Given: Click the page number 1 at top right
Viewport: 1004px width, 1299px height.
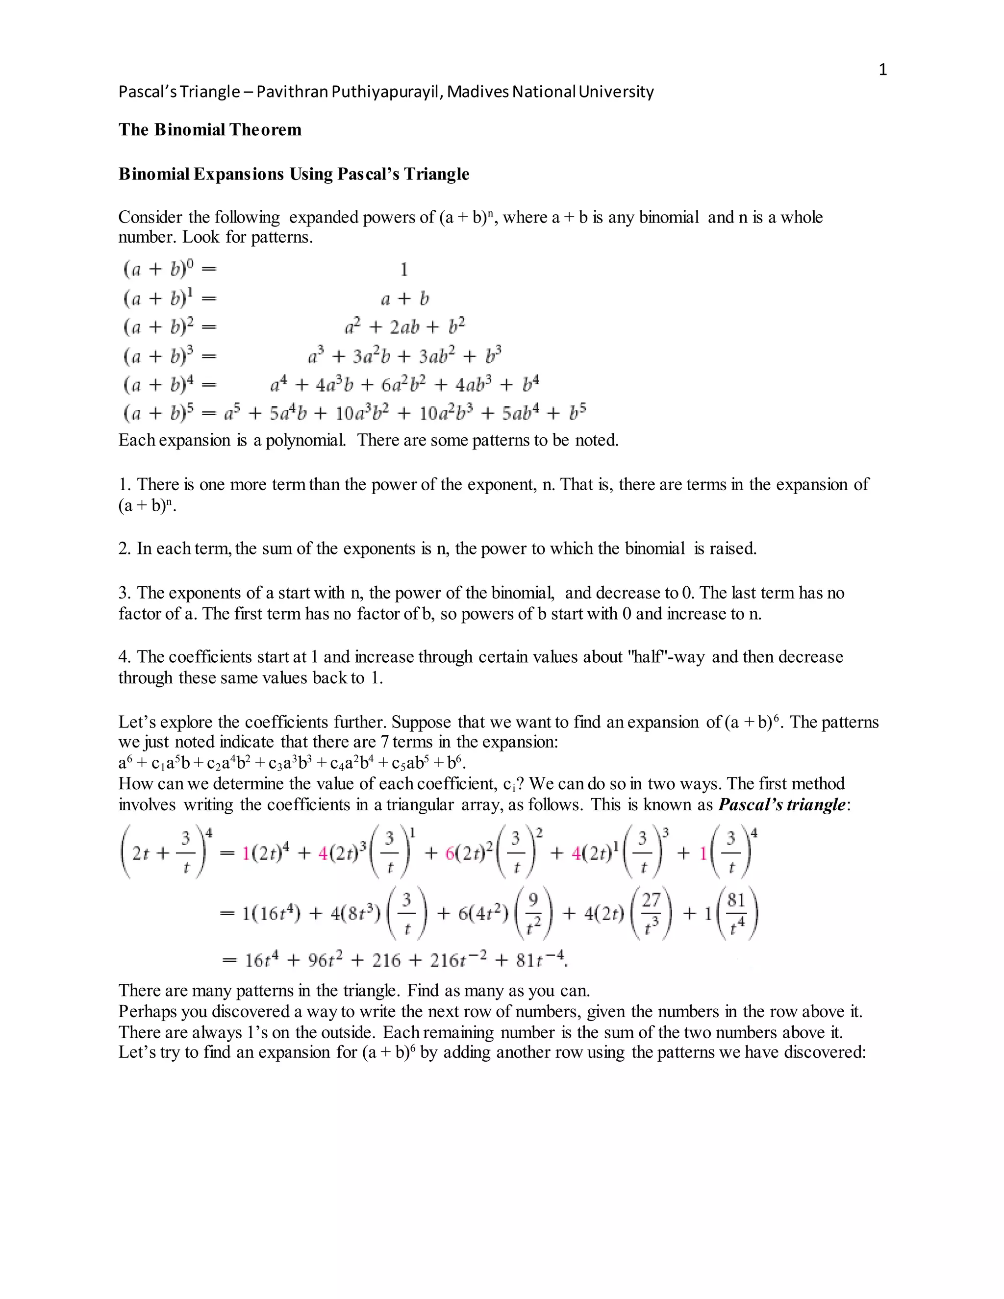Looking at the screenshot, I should [882, 70].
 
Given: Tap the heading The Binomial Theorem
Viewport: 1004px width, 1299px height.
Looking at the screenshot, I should [210, 130].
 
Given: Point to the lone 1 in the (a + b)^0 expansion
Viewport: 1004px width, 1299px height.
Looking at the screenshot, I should [404, 270].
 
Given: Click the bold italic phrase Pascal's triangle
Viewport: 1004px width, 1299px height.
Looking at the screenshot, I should [781, 805].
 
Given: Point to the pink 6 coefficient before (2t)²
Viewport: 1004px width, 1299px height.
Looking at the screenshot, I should [450, 853].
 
